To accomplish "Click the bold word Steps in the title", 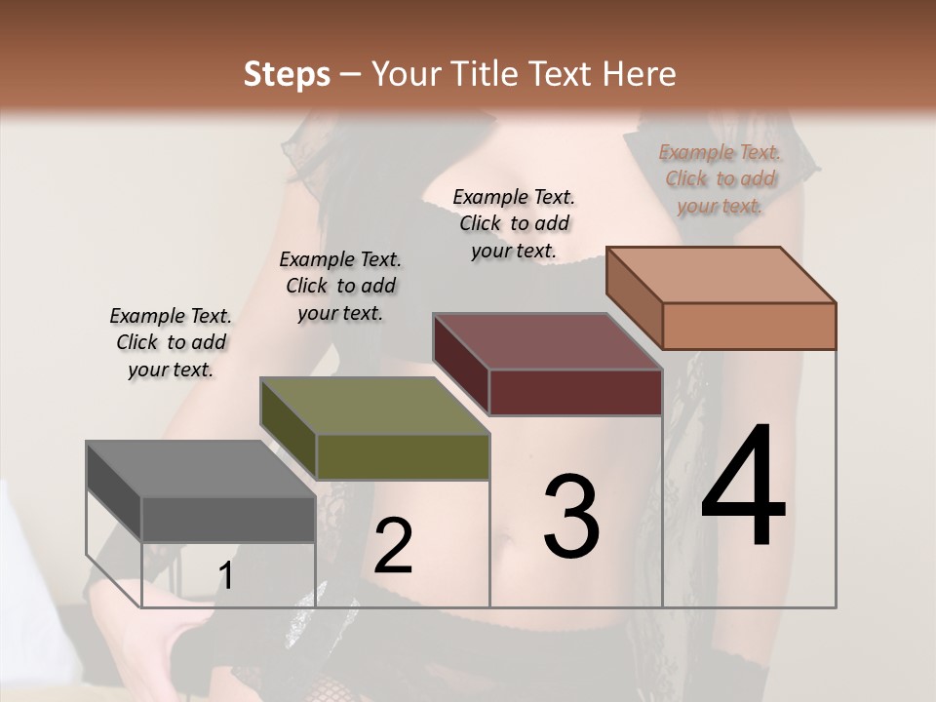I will pos(287,74).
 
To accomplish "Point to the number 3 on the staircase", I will pos(571,516).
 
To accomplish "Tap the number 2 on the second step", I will pos(393,545).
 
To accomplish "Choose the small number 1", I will pos(225,576).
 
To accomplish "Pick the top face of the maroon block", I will pos(547,341).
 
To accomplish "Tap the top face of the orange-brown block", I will pos(721,275).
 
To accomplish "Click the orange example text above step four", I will pos(720,178).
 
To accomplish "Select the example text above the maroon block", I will pos(514,223).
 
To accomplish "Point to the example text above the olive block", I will pos(340,286).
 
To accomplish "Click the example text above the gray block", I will pos(171,342).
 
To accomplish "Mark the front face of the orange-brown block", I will pos(749,326).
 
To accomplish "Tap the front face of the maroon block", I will pos(575,392).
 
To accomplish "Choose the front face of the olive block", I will pos(403,456).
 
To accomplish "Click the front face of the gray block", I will pos(228,519).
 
